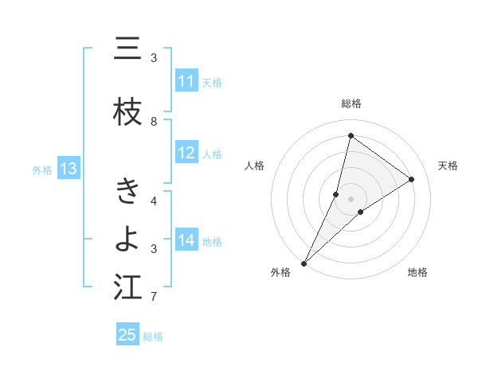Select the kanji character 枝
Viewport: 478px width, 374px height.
[x=127, y=113]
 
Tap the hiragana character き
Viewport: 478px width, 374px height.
[x=127, y=192]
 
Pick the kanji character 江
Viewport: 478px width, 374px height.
[x=127, y=287]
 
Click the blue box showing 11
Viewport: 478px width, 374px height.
[x=186, y=81]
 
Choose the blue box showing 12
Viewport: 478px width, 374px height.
[x=186, y=153]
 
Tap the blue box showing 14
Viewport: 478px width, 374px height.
[x=186, y=240]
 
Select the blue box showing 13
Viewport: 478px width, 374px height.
[x=68, y=169]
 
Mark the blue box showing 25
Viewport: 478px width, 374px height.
[x=127, y=335]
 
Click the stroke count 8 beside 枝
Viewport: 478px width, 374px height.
[x=154, y=121]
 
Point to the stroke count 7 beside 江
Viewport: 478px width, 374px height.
[x=154, y=297]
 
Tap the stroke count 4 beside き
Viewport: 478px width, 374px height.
[x=154, y=201]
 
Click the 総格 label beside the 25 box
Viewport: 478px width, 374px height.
[x=153, y=337]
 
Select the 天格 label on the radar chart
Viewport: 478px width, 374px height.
[x=448, y=166]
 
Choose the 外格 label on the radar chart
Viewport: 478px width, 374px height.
[x=280, y=272]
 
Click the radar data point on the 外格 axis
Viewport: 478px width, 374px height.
[x=304, y=263]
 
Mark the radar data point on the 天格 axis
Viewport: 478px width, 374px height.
[x=412, y=179]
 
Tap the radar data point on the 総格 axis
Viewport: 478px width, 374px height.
[x=351, y=135]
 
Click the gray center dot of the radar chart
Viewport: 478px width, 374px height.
[x=351, y=198]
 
